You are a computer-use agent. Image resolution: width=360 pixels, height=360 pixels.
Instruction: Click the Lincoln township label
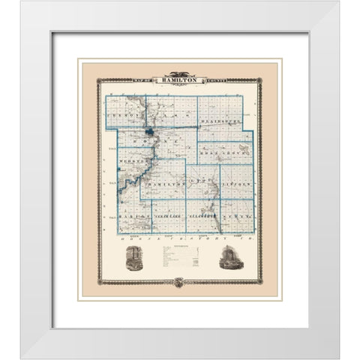click(237, 182)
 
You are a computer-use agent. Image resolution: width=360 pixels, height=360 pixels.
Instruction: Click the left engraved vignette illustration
click(133, 257)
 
